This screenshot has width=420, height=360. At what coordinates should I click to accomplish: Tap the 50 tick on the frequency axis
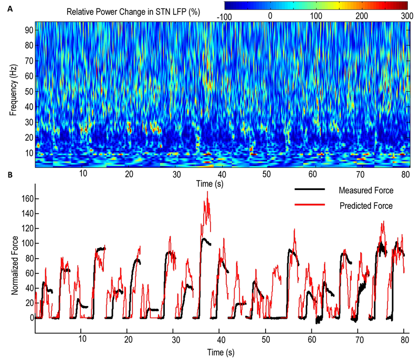point(28,92)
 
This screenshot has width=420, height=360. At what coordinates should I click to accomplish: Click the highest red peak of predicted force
point(207,193)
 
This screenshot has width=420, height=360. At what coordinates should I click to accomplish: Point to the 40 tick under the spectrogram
point(222,173)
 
